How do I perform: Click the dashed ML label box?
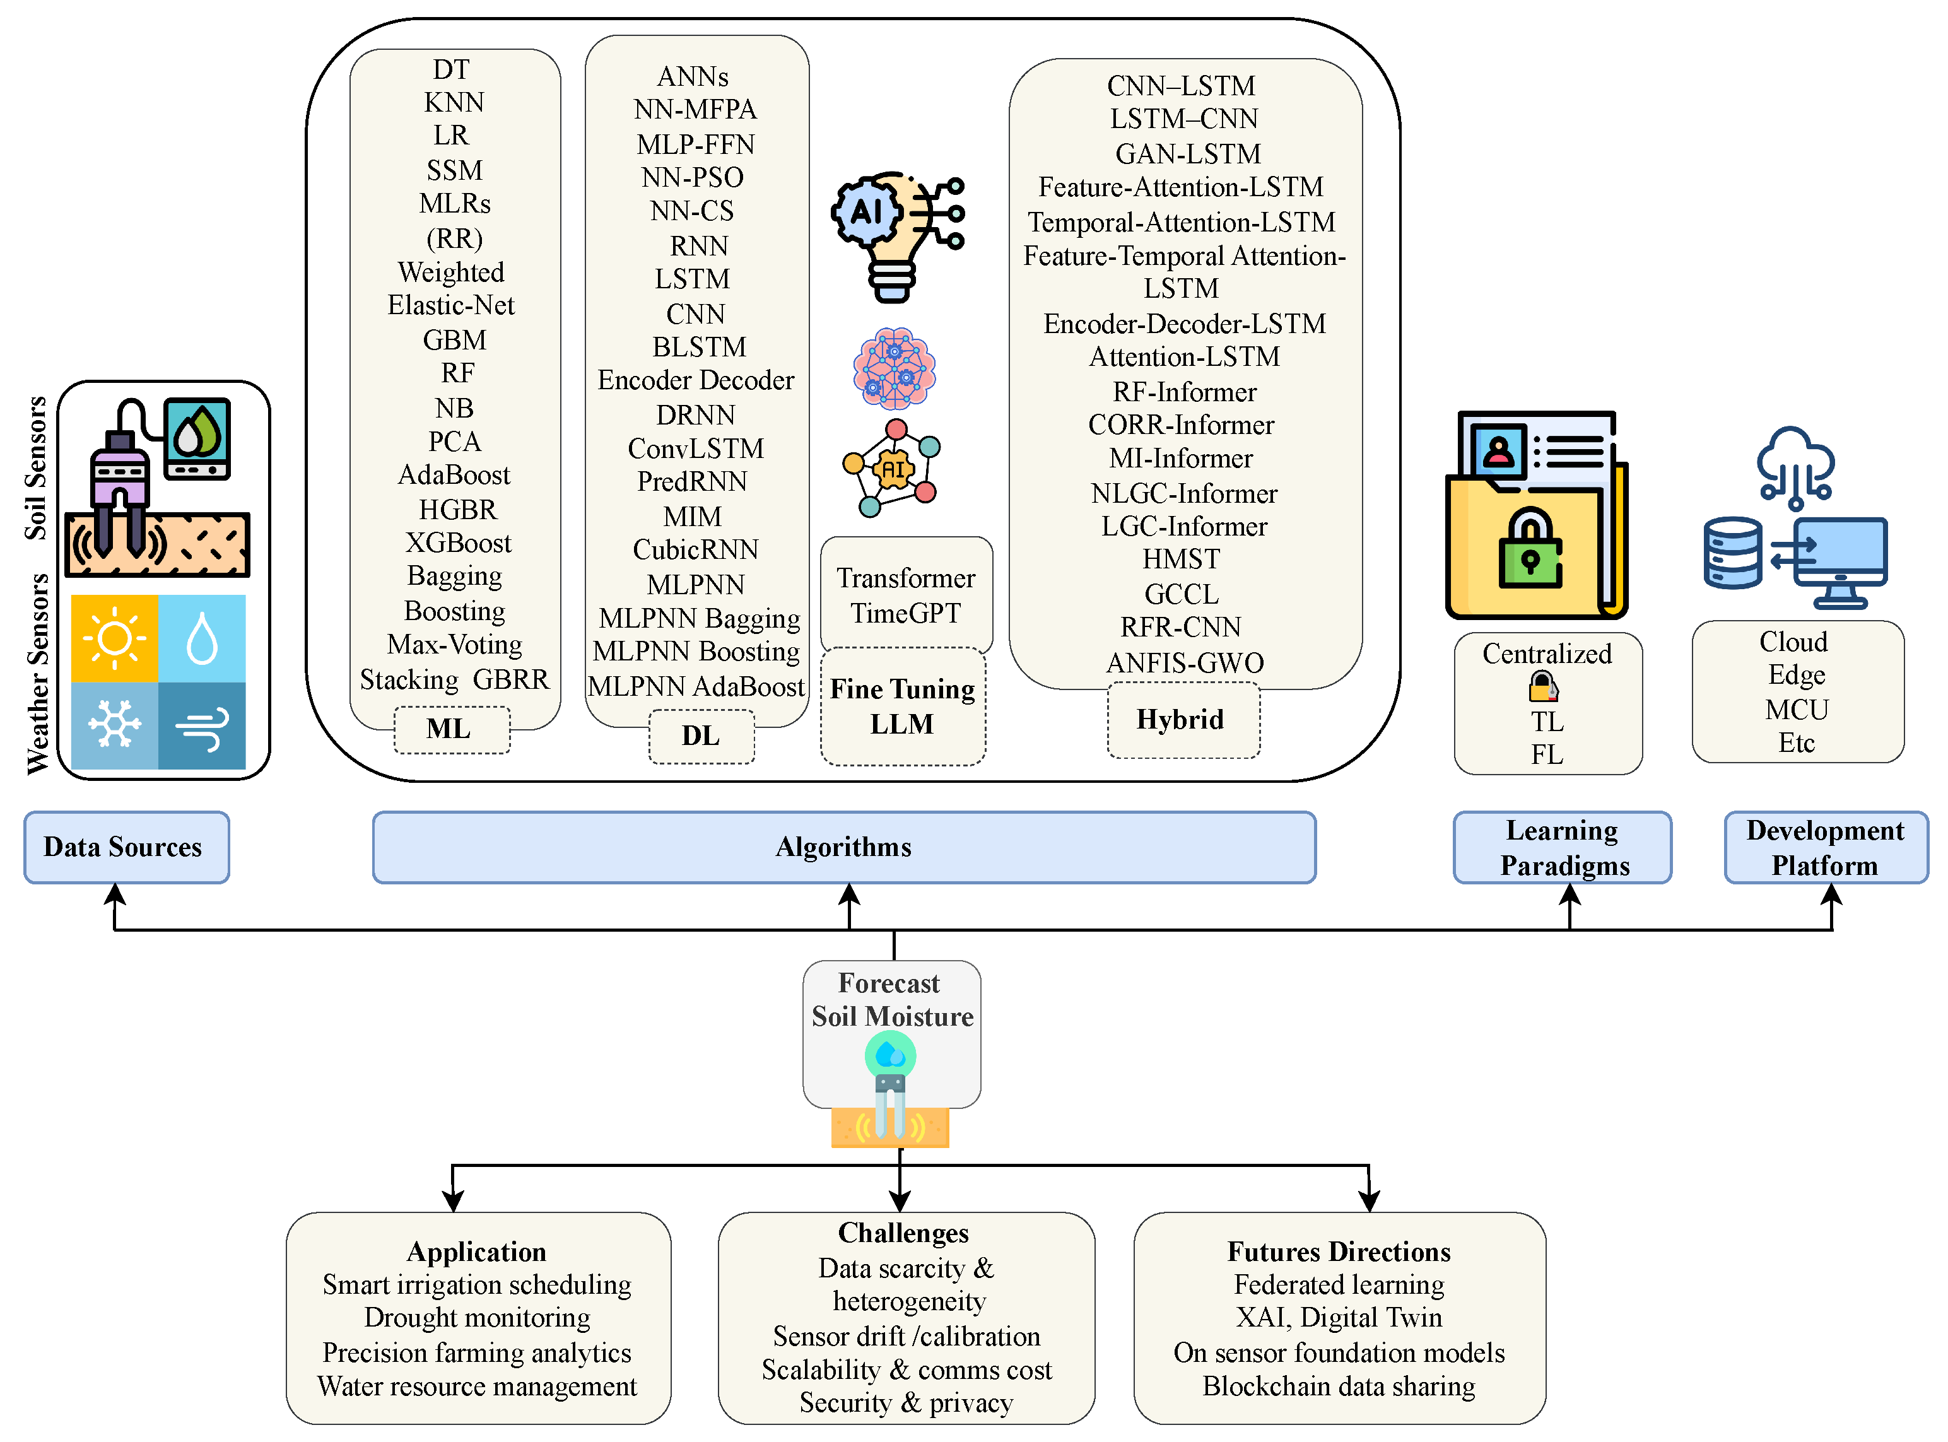tap(450, 729)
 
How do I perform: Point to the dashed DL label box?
tap(701, 736)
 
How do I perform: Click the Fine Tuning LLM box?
tap(903, 707)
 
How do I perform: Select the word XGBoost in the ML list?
tap(458, 543)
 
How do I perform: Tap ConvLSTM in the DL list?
tap(696, 448)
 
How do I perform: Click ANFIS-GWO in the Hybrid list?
tap(1184, 662)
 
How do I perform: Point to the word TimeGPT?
tap(905, 613)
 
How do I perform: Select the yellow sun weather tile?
tap(114, 638)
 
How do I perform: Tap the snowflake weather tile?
tap(114, 725)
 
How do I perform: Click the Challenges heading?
tap(903, 1233)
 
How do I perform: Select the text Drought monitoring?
tap(476, 1317)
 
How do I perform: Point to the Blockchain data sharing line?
tap(1338, 1386)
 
